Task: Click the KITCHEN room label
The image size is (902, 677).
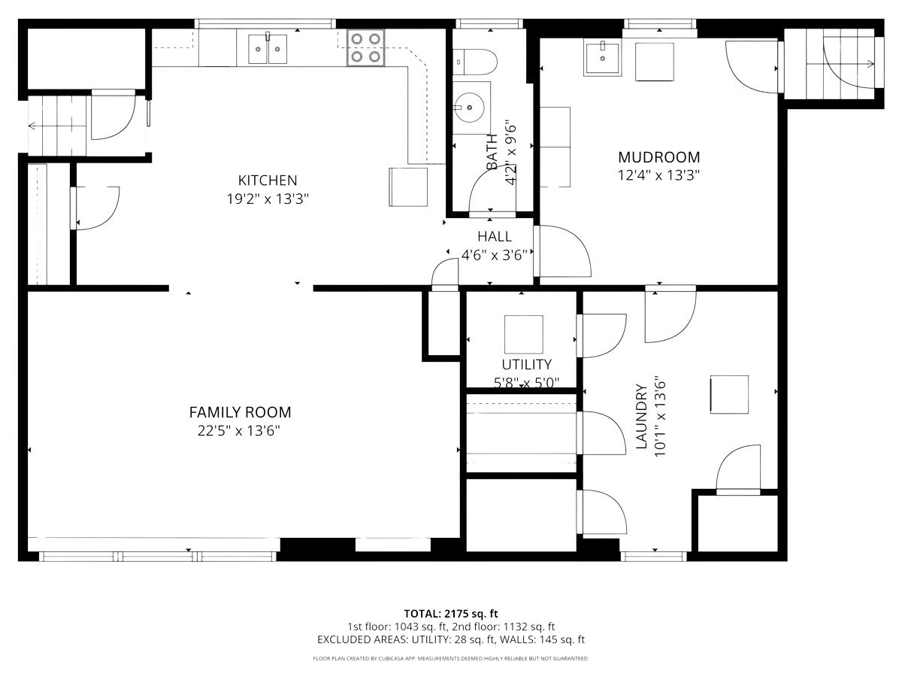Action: (x=268, y=181)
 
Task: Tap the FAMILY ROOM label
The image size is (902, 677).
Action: (x=240, y=412)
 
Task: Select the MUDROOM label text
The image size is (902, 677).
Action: (x=658, y=157)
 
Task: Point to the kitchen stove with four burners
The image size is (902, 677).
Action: (x=366, y=47)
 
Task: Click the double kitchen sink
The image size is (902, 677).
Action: (x=268, y=49)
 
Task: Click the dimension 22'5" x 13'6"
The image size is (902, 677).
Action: (x=240, y=431)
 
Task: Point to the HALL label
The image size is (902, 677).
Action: (x=494, y=236)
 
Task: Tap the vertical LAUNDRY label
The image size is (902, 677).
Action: (x=641, y=417)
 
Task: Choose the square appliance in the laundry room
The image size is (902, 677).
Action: (x=729, y=394)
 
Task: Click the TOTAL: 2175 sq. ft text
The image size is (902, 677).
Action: (x=451, y=613)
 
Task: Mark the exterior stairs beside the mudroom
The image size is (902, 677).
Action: (x=831, y=64)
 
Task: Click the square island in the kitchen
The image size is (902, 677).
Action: (x=408, y=187)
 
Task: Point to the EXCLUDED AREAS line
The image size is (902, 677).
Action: (x=451, y=640)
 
